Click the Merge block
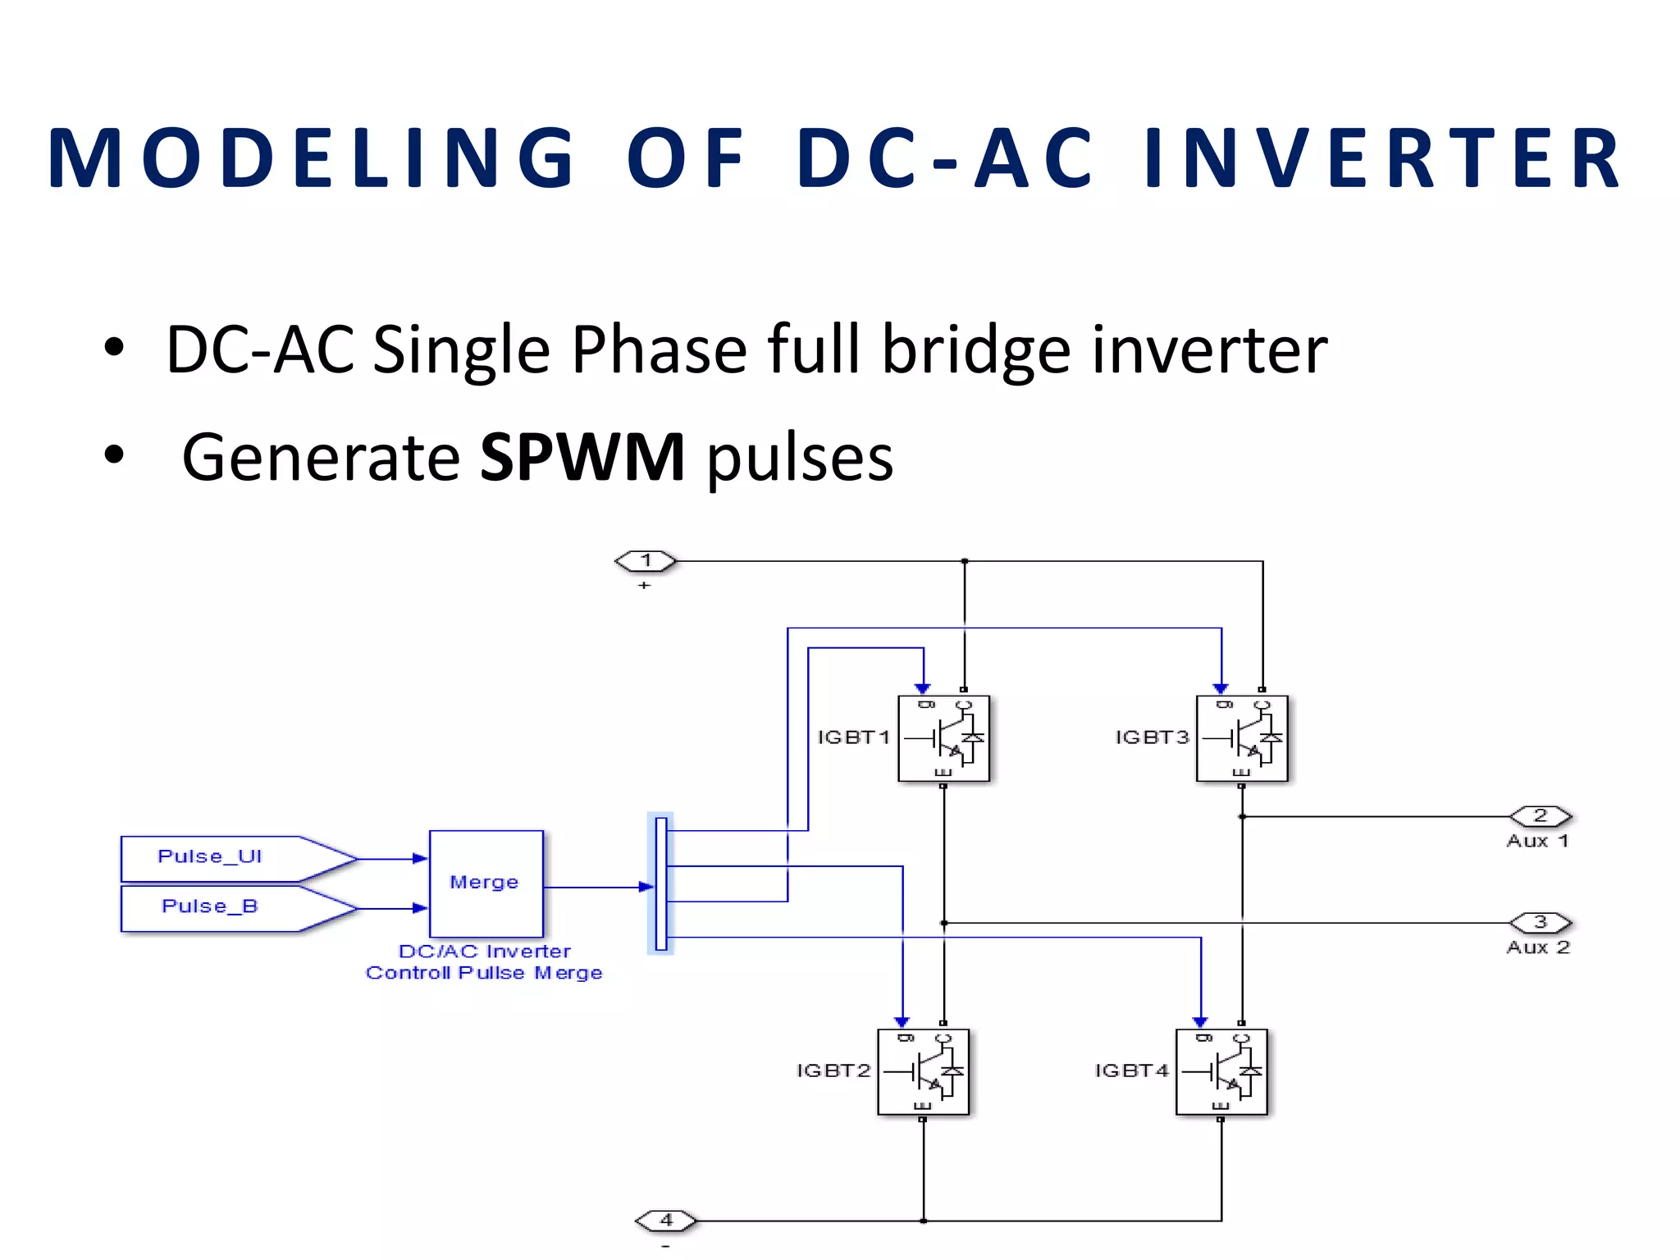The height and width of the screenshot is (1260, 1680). point(486,883)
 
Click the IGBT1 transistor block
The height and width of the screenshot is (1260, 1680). point(943,738)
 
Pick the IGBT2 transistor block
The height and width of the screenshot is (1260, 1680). point(923,1071)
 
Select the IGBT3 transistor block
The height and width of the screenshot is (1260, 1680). point(1242,738)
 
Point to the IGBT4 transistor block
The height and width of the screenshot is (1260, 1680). point(1221,1071)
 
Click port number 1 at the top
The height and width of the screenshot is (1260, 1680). point(646,561)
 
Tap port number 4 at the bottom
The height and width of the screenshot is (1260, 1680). point(666,1221)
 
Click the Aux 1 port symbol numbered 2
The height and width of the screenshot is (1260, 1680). point(1541,816)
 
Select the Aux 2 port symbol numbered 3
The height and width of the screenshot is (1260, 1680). point(1541,923)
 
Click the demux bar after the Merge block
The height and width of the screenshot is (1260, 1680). point(661,883)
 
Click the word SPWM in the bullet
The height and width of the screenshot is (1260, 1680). point(582,457)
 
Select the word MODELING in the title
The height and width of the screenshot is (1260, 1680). point(312,158)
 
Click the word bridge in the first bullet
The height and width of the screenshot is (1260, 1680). point(976,350)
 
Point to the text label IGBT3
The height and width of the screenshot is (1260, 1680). point(1152,737)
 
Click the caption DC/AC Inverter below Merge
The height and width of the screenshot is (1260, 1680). point(484,952)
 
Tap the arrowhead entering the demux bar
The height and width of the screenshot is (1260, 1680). point(647,887)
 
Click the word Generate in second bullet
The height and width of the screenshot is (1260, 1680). point(321,457)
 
